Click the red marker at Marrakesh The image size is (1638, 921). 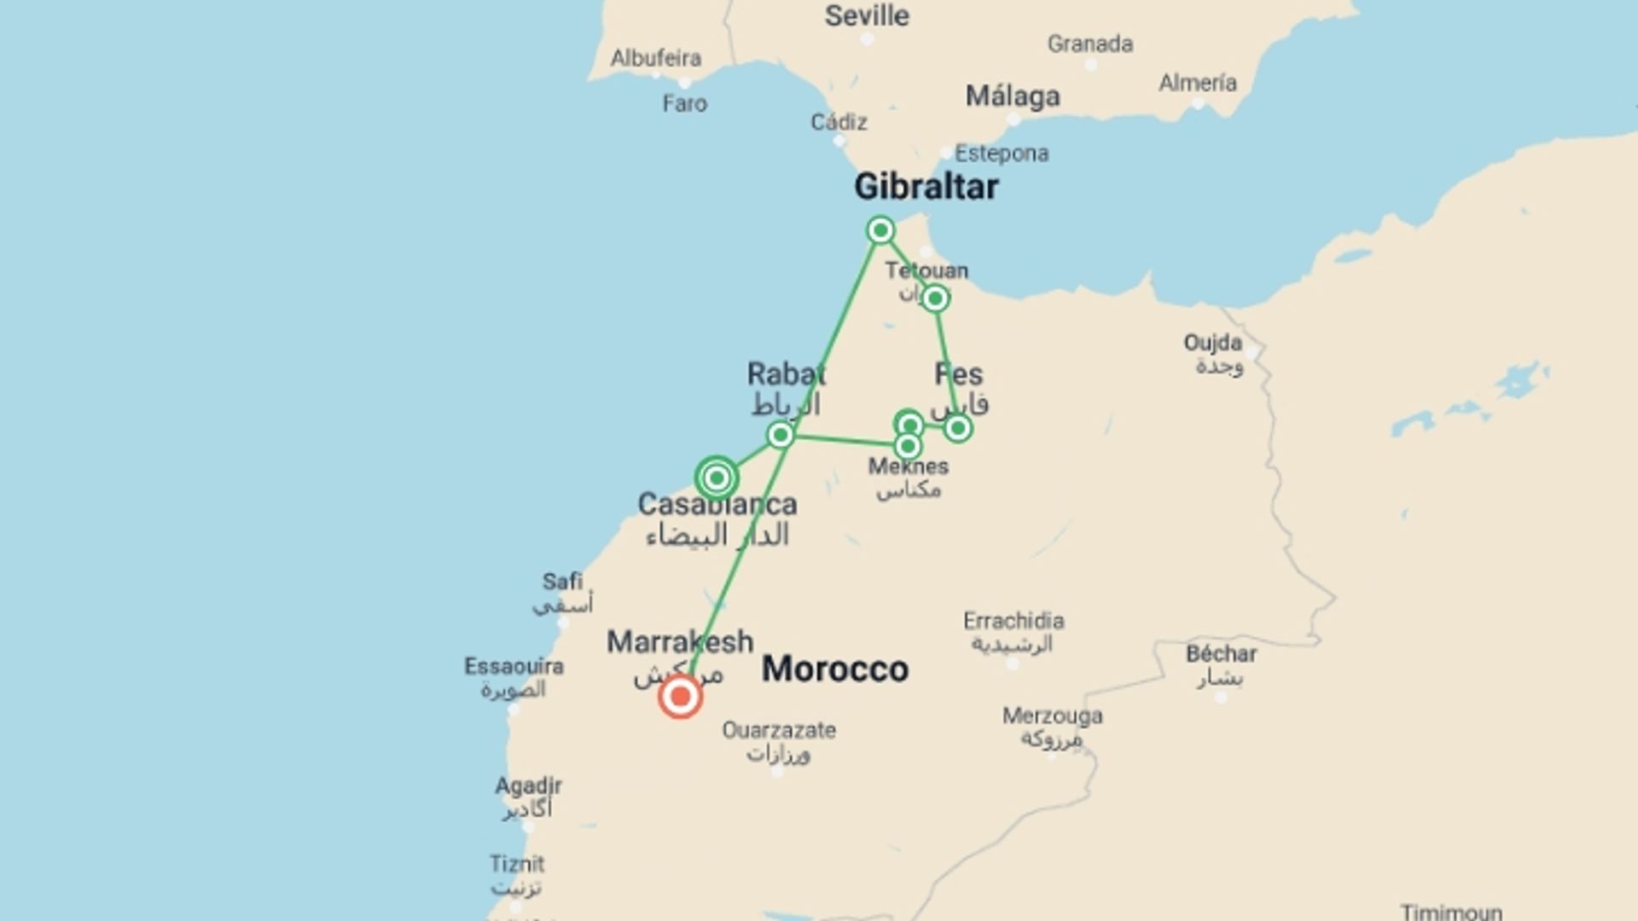[x=680, y=698]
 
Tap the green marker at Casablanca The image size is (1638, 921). [x=717, y=478]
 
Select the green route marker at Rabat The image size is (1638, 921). [x=780, y=435]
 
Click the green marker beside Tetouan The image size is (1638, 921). [x=935, y=298]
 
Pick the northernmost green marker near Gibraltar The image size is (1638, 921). [x=880, y=230]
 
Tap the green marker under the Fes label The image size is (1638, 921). [x=957, y=428]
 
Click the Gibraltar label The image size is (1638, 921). [x=926, y=187]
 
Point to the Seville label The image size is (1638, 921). [x=867, y=15]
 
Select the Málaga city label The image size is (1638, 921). [x=1013, y=96]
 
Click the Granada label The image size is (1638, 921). [x=1090, y=43]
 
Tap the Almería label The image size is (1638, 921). [x=1198, y=83]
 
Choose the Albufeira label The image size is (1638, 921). [x=656, y=58]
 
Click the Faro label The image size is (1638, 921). [x=685, y=103]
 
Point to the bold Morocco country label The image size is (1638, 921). [x=834, y=669]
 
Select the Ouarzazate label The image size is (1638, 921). [x=779, y=730]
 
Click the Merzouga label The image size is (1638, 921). [x=1052, y=715]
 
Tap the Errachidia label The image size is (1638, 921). [x=1014, y=621]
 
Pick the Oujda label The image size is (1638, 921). [x=1212, y=343]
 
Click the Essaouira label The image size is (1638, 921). [x=514, y=666]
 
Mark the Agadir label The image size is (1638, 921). [x=528, y=785]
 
